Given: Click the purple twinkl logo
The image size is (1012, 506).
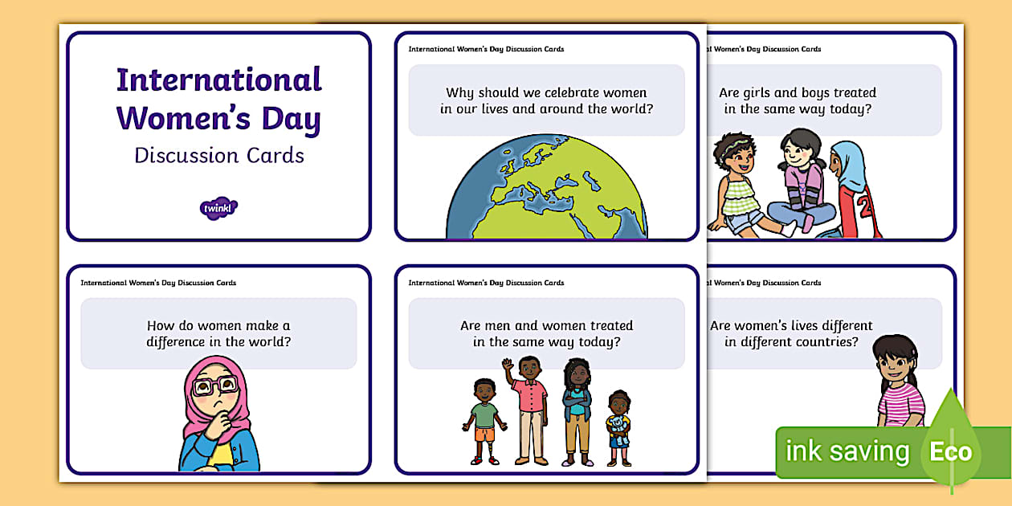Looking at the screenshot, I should click(x=218, y=208).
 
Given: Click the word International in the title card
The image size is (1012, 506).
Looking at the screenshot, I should click(x=218, y=80).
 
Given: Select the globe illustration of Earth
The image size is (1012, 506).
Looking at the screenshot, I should click(x=547, y=189).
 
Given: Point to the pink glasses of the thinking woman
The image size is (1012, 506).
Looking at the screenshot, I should click(x=215, y=386).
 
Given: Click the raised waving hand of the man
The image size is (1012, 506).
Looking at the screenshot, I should click(x=507, y=365).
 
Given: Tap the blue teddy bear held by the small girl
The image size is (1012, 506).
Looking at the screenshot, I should click(x=618, y=427).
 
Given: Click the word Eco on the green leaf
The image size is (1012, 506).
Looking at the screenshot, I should click(x=951, y=451).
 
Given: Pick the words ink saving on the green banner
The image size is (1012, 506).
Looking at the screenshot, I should click(x=847, y=451).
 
